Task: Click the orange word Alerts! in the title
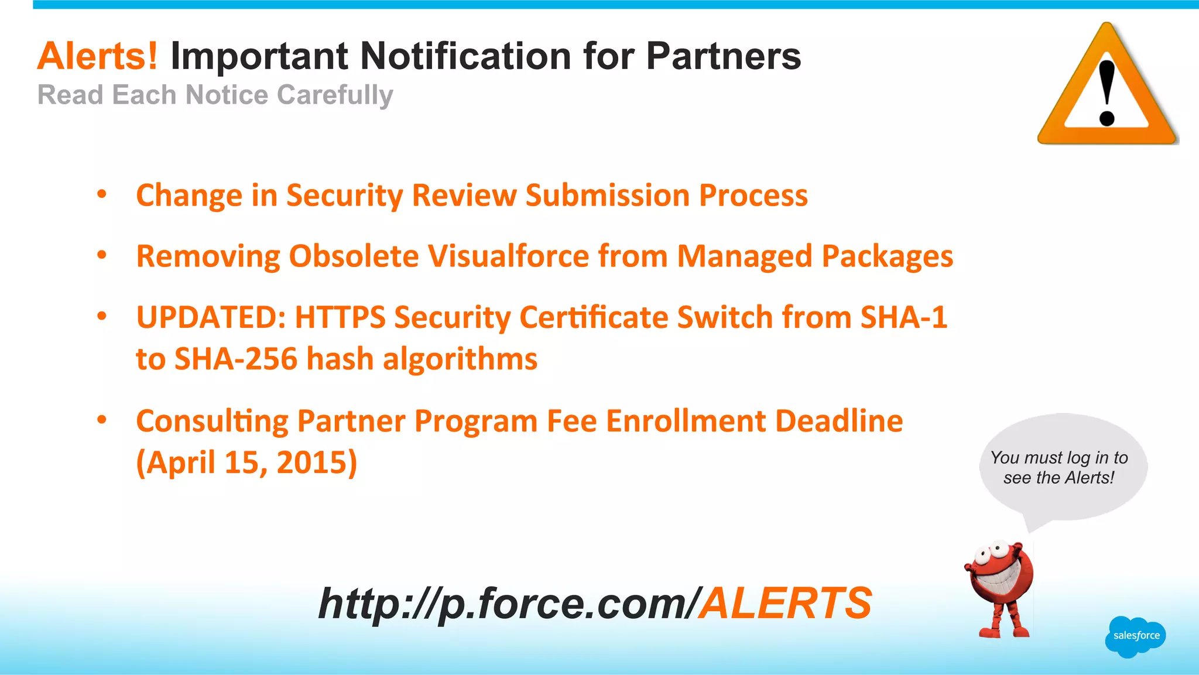click(x=97, y=56)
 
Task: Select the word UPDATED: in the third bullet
click(x=211, y=317)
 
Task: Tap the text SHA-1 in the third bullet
click(x=903, y=317)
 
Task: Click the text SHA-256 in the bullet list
click(x=236, y=359)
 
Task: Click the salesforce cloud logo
click(x=1136, y=636)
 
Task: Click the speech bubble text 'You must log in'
click(x=1058, y=458)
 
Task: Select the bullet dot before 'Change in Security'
click(x=102, y=194)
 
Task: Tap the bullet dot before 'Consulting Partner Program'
click(x=102, y=419)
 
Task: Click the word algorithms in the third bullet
click(x=460, y=359)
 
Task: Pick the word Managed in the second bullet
click(x=745, y=256)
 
